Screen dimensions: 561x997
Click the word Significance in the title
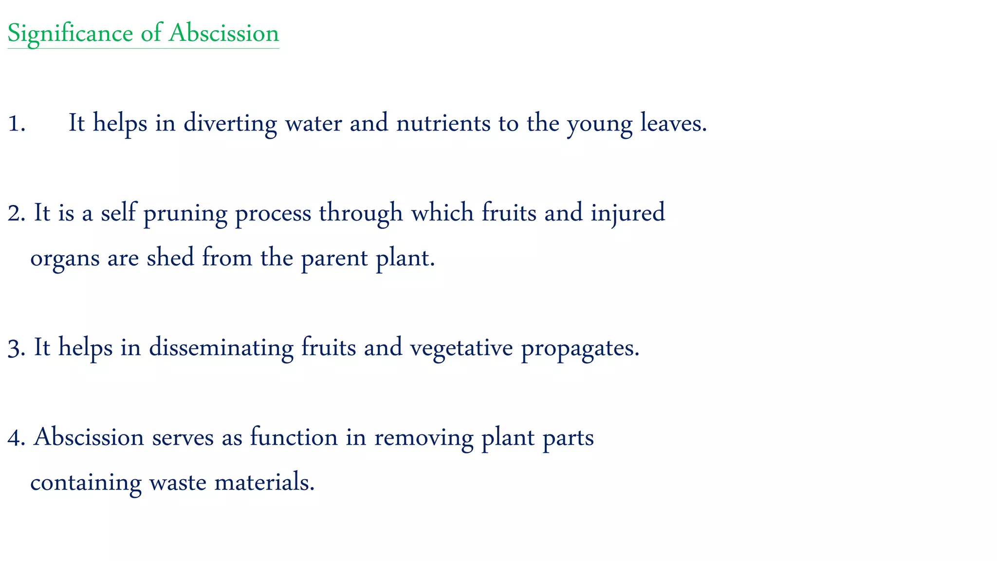pyautogui.click(x=70, y=34)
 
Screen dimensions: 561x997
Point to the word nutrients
pyautogui.click(x=443, y=123)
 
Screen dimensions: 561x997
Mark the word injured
pyautogui.click(x=628, y=213)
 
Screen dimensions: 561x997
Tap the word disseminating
pyautogui.click(x=221, y=349)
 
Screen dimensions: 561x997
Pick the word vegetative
pyautogui.click(x=462, y=349)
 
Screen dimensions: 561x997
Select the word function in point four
pyautogui.click(x=294, y=437)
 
